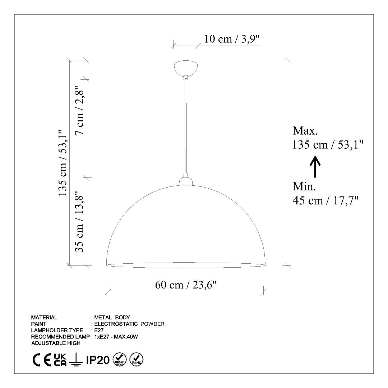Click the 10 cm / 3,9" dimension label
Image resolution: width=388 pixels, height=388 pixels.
[232, 39]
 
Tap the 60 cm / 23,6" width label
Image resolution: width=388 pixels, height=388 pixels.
[186, 285]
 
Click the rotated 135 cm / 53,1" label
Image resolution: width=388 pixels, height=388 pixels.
[63, 163]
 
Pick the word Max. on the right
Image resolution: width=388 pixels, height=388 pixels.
[305, 131]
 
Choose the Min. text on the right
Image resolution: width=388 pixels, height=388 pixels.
[304, 186]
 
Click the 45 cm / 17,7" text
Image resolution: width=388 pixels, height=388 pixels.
[325, 200]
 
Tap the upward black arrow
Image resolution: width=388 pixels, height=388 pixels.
[315, 167]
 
